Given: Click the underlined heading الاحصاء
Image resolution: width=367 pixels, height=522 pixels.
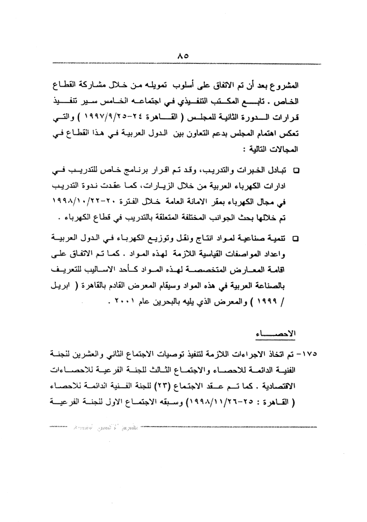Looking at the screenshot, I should click(x=275, y=334).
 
